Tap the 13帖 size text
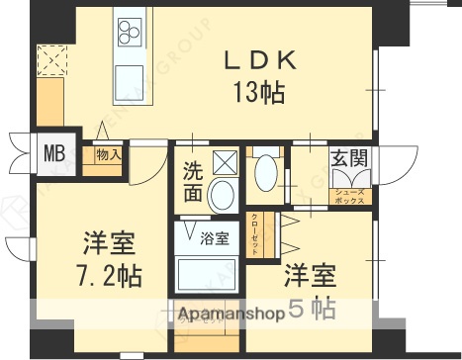260,93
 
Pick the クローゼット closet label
254,232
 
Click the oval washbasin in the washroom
223,194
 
